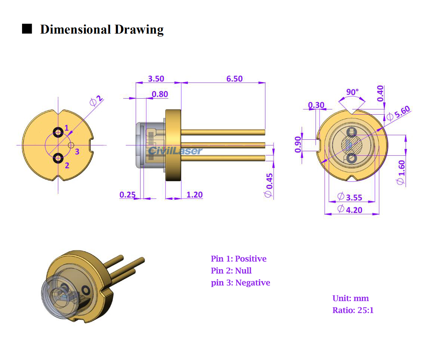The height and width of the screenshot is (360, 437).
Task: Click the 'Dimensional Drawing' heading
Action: tap(102, 29)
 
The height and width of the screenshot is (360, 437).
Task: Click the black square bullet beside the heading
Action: tap(27, 29)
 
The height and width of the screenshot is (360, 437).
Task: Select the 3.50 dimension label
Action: tap(156, 79)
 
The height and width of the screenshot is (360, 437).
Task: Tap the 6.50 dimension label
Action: tap(234, 79)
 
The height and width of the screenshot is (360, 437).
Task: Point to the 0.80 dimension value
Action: tap(160, 94)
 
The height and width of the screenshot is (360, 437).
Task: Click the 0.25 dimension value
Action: tap(127, 195)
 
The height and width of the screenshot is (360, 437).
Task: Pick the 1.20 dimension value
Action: tap(194, 195)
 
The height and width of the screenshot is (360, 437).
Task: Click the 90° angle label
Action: tap(352, 92)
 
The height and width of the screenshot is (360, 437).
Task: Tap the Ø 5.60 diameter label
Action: tap(398, 113)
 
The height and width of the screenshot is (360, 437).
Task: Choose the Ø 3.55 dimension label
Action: tap(350, 197)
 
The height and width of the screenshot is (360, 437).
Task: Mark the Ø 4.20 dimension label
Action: tap(350, 210)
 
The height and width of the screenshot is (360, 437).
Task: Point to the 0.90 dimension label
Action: tap(298, 145)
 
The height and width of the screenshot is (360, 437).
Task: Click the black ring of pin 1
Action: tap(58, 132)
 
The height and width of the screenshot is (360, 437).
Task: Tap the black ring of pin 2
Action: tap(58, 158)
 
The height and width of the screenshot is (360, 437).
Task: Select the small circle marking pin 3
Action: tap(71, 145)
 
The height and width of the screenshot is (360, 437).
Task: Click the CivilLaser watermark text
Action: tap(175, 151)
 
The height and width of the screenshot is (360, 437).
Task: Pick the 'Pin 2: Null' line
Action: tap(231, 270)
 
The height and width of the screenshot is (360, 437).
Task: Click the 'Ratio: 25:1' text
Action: tap(353, 310)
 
